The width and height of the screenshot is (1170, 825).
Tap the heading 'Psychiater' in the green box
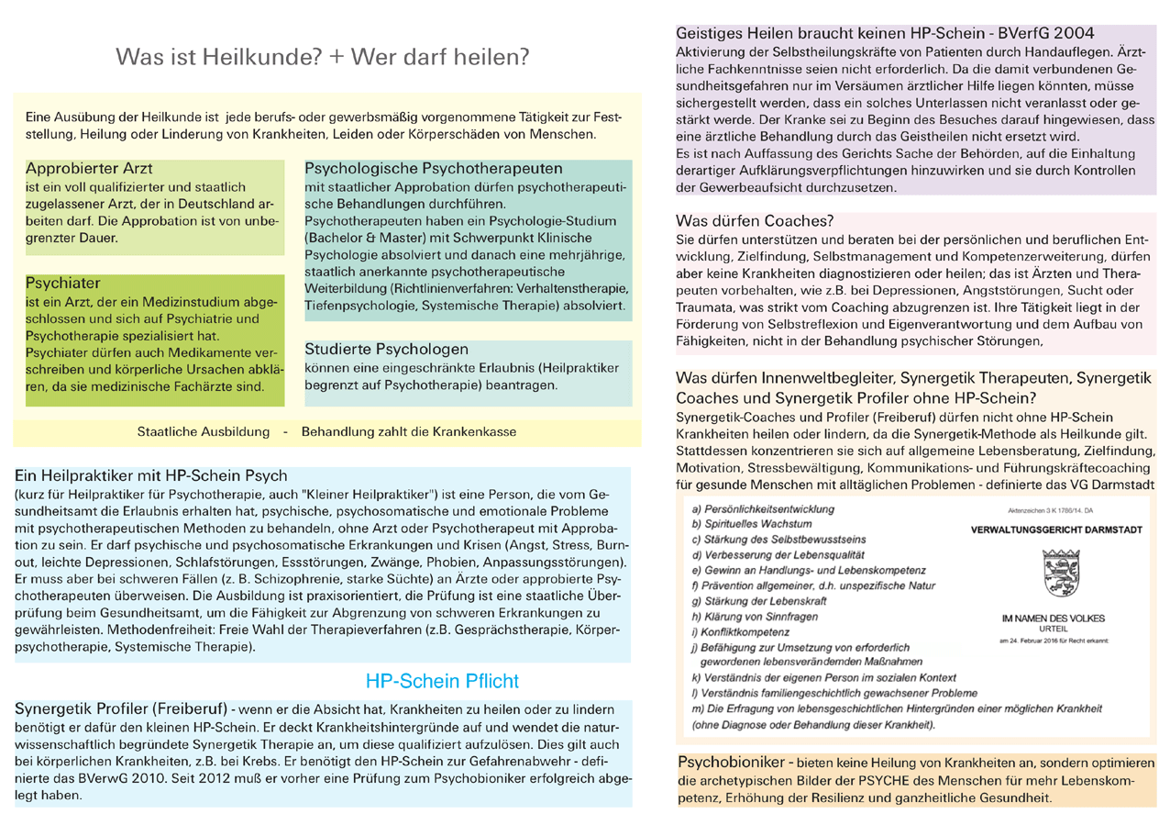click(63, 283)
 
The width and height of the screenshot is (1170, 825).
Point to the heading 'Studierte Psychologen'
click(386, 350)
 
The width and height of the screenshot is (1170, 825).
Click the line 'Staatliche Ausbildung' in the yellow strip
click(204, 431)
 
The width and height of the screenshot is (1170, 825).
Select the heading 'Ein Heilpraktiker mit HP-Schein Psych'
click(152, 476)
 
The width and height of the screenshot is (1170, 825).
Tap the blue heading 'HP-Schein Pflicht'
click(442, 681)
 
